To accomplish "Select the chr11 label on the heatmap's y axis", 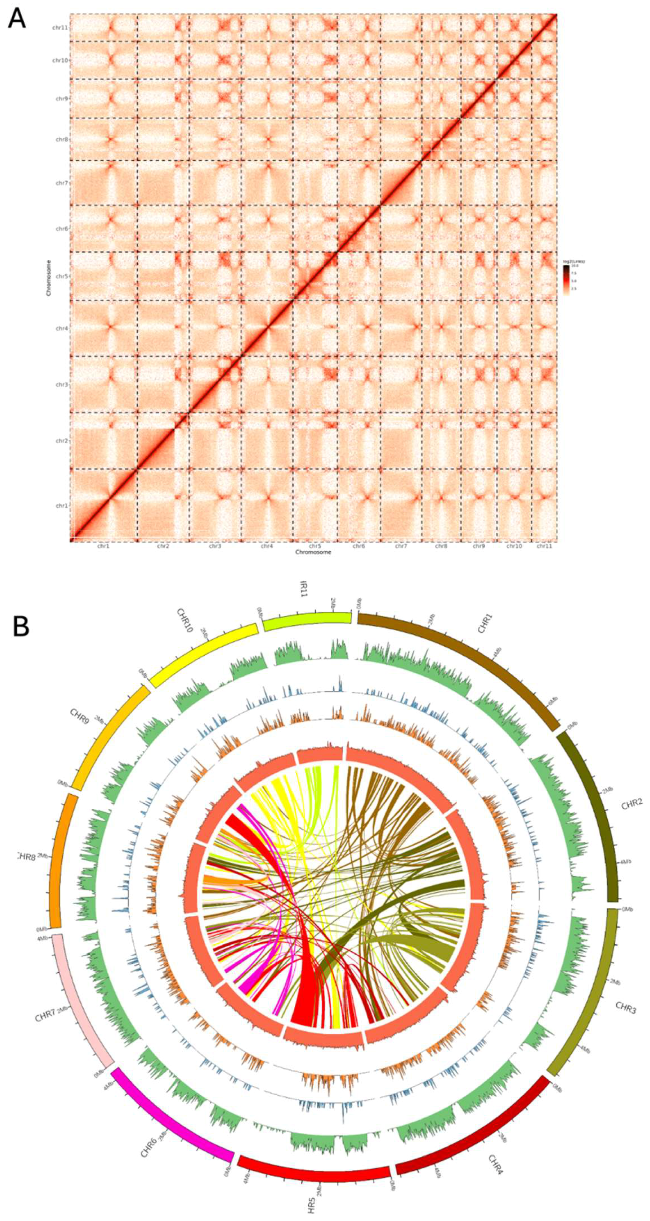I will click(x=60, y=28).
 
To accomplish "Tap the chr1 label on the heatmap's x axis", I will click(x=103, y=546).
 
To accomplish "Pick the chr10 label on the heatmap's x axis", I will click(x=514, y=546).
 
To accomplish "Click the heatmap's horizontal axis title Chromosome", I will click(x=313, y=552).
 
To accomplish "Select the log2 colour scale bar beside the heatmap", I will click(x=566, y=280).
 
